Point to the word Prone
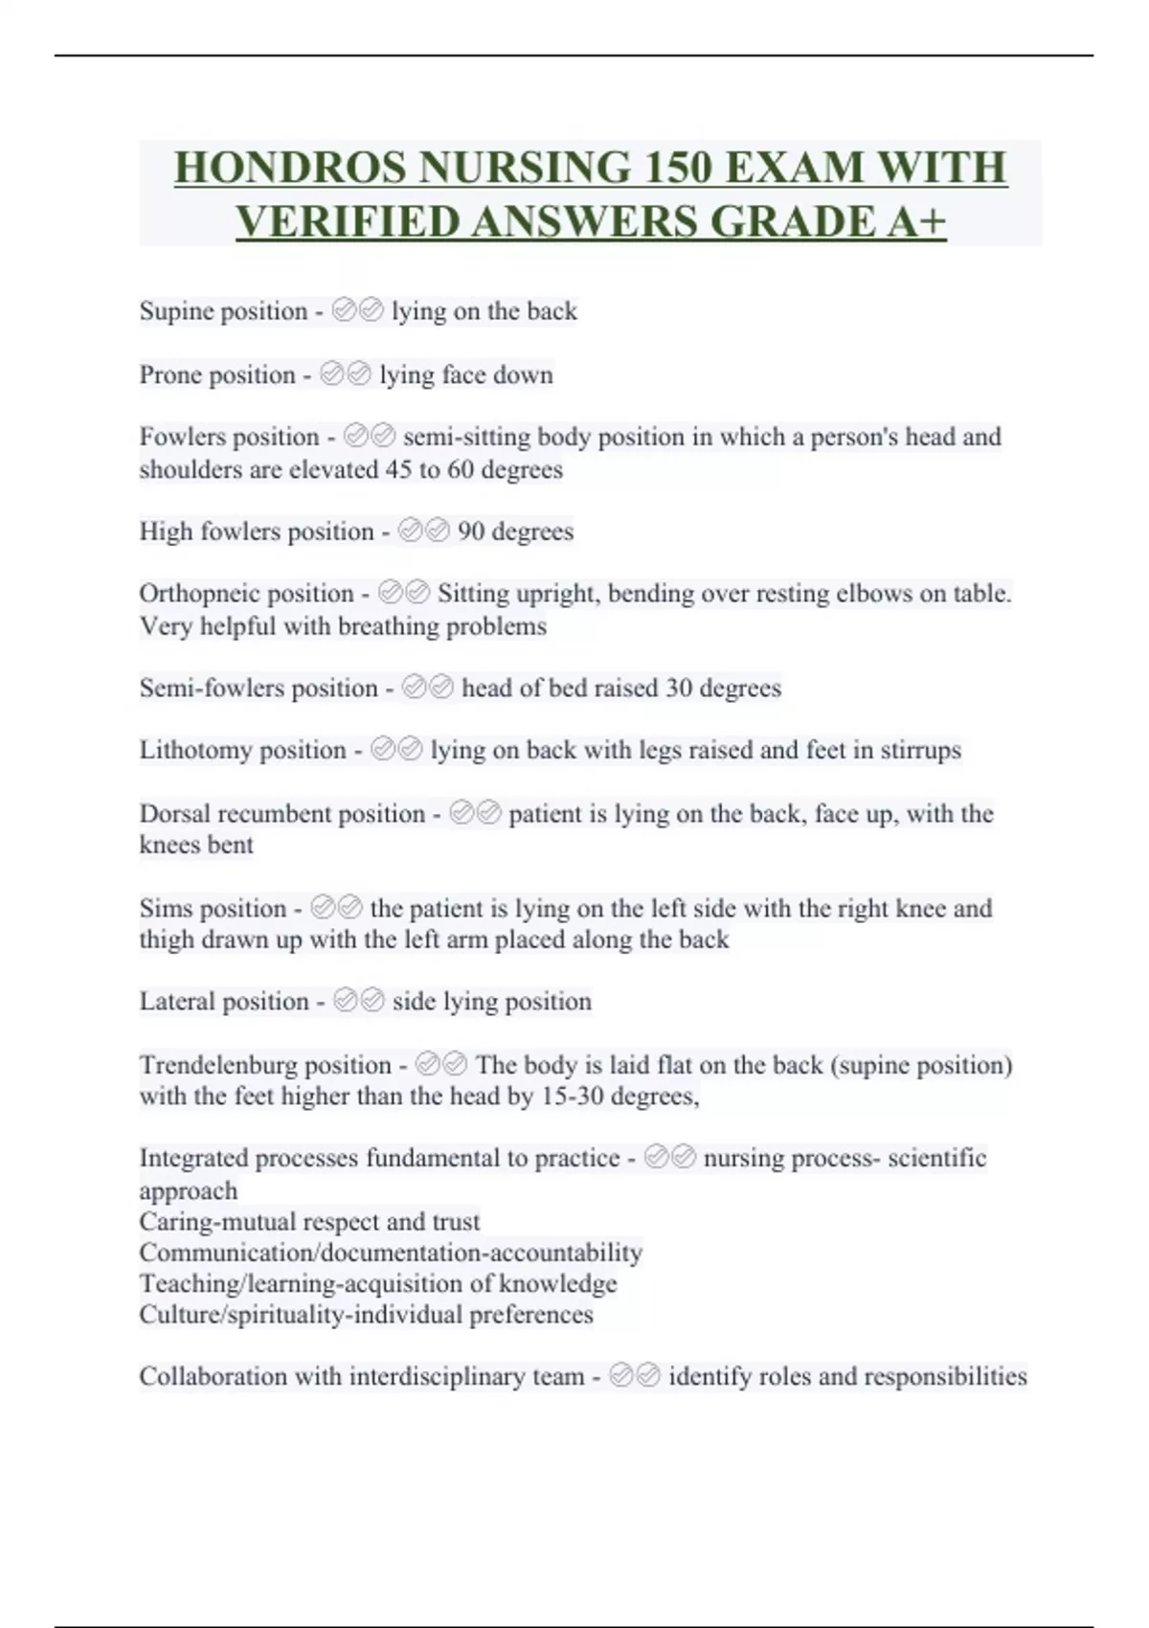click(168, 374)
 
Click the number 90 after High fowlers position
click(471, 531)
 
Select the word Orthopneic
click(199, 594)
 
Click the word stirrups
click(920, 750)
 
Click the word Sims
click(164, 908)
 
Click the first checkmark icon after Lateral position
click(346, 1002)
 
